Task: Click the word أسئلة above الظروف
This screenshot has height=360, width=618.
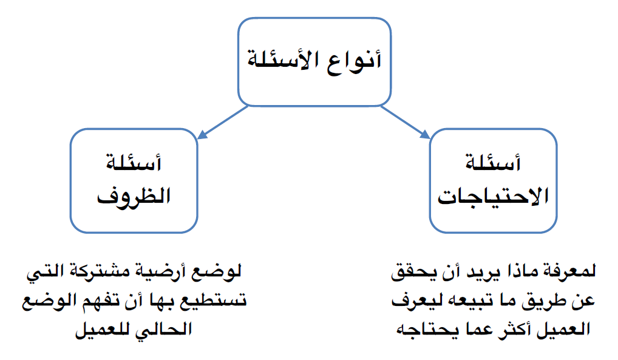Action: [x=134, y=163]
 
